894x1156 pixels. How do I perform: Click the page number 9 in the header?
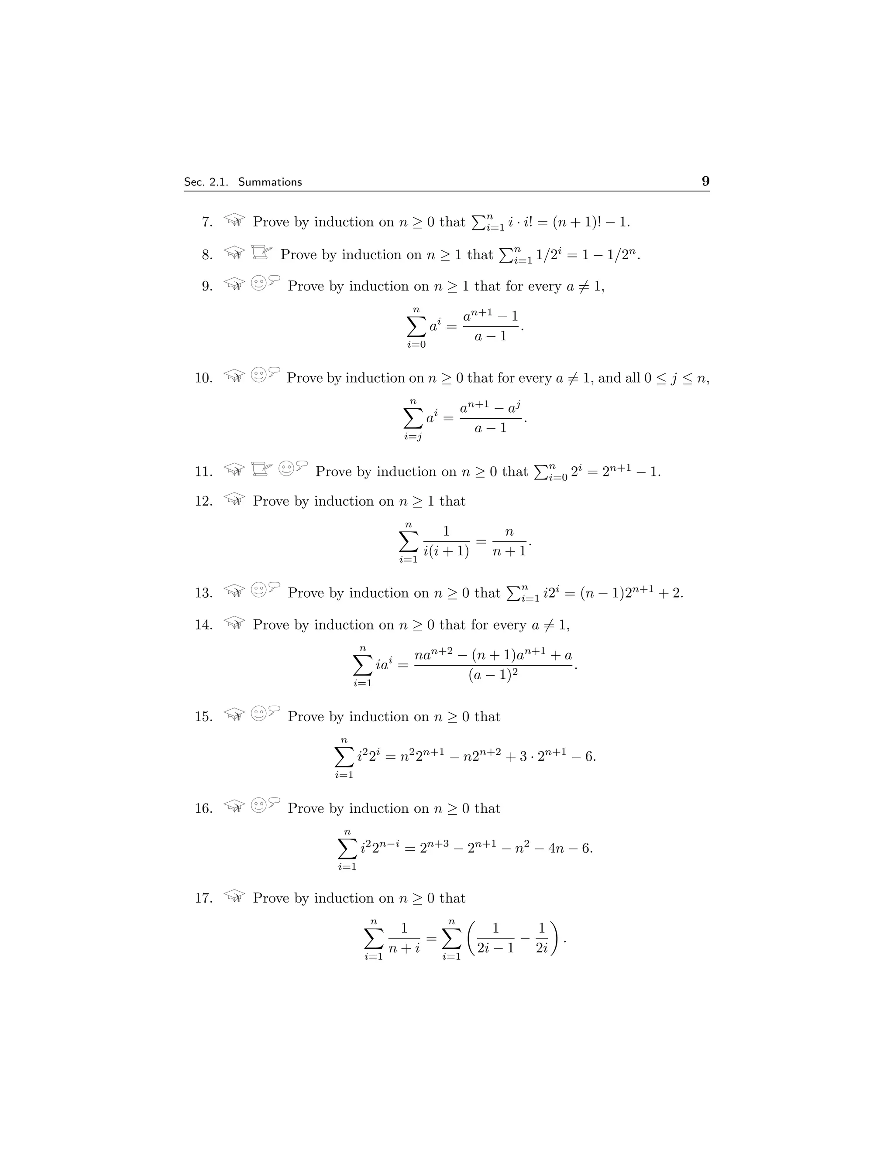705,181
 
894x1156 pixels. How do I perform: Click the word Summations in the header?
270,182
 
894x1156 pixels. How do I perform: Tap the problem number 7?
207,222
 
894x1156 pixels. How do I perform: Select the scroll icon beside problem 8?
261,253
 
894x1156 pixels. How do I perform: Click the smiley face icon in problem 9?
258,283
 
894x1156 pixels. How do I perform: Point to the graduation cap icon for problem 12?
234,499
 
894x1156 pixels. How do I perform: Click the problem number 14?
203,625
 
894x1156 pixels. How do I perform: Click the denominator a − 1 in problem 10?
490,428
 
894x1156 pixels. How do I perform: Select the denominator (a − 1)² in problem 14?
493,675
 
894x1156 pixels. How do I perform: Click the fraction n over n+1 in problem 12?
509,541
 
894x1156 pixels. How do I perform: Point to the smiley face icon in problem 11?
286,469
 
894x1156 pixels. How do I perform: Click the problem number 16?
203,808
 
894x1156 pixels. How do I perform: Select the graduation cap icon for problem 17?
234,896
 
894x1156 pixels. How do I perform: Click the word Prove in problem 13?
305,593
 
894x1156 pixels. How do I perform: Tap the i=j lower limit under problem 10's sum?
413,437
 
